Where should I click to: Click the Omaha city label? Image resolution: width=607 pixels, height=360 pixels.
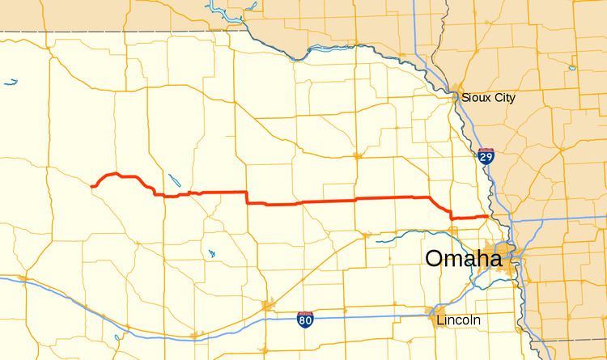tap(463, 260)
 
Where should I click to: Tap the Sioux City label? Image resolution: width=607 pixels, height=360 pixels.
tap(489, 98)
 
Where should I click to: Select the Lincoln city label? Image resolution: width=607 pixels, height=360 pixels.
tap(457, 320)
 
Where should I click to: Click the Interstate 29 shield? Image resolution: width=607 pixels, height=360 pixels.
tap(485, 156)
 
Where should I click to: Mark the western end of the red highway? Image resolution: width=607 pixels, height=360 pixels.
tap(94, 186)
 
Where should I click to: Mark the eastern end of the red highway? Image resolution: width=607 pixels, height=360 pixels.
tap(486, 216)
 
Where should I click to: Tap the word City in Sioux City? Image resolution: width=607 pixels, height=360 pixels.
tap(503, 98)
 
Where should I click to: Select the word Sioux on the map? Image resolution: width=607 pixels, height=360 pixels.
tap(477, 98)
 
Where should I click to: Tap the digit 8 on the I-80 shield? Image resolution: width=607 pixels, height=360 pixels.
tap(302, 321)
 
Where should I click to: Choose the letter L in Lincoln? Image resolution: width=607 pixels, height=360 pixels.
tap(439, 320)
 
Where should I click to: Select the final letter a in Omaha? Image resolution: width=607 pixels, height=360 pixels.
tap(493, 261)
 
